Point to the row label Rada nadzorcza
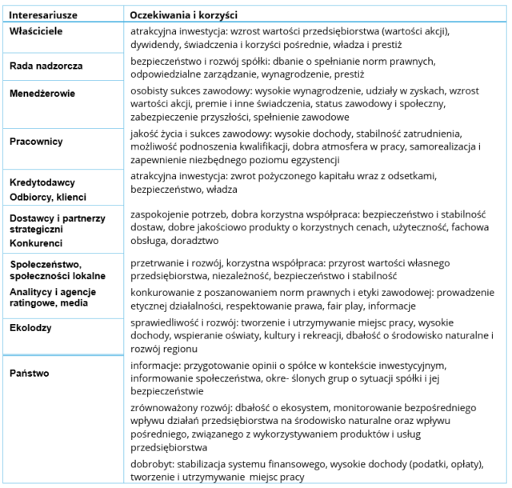(46, 65)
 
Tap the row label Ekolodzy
(31, 326)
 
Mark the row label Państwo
(30, 373)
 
